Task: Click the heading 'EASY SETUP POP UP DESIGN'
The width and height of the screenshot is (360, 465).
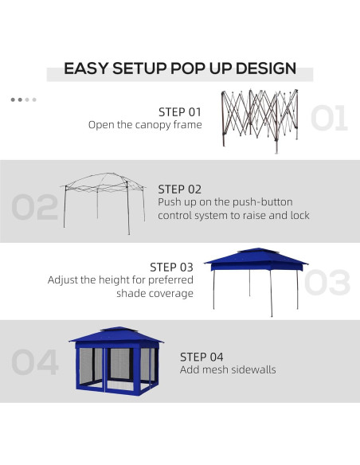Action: point(180,68)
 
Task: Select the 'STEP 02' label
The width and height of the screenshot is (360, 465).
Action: point(180,189)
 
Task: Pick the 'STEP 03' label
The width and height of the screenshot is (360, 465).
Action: point(171,267)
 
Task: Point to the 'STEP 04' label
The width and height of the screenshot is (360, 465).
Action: point(202,357)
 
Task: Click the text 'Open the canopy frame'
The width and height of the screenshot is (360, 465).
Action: point(145,125)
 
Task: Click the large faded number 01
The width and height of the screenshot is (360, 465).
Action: point(328,118)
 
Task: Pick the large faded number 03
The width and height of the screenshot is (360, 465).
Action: point(327,283)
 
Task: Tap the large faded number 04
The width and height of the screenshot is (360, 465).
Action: point(35,362)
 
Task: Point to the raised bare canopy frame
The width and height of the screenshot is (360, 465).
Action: point(104,199)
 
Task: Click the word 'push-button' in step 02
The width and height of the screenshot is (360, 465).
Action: point(246,202)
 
